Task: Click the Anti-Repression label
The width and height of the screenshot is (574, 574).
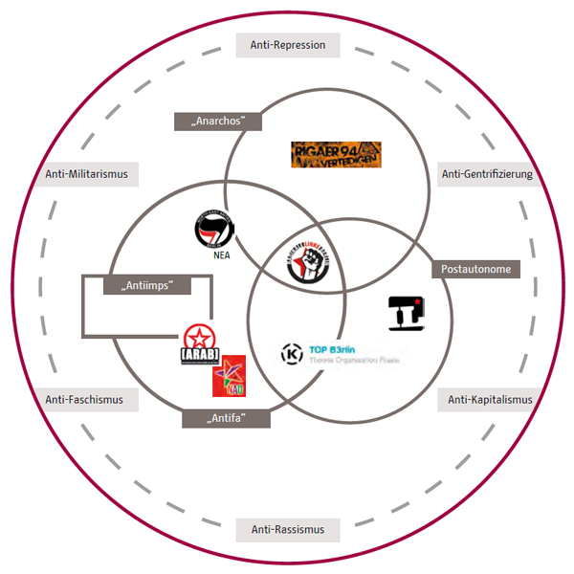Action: pyautogui.click(x=288, y=45)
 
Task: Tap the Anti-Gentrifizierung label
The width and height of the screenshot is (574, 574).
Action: pyautogui.click(x=486, y=174)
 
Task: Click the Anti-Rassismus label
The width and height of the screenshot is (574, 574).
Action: pyautogui.click(x=288, y=529)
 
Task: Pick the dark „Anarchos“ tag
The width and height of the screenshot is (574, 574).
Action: pyautogui.click(x=218, y=121)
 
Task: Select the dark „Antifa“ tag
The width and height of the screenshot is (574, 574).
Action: pyautogui.click(x=226, y=418)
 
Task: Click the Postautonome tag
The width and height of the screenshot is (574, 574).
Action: pyautogui.click(x=475, y=270)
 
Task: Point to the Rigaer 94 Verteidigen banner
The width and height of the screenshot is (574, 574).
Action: pyautogui.click(x=336, y=155)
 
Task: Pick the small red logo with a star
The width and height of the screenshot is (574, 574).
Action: pyautogui.click(x=228, y=375)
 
